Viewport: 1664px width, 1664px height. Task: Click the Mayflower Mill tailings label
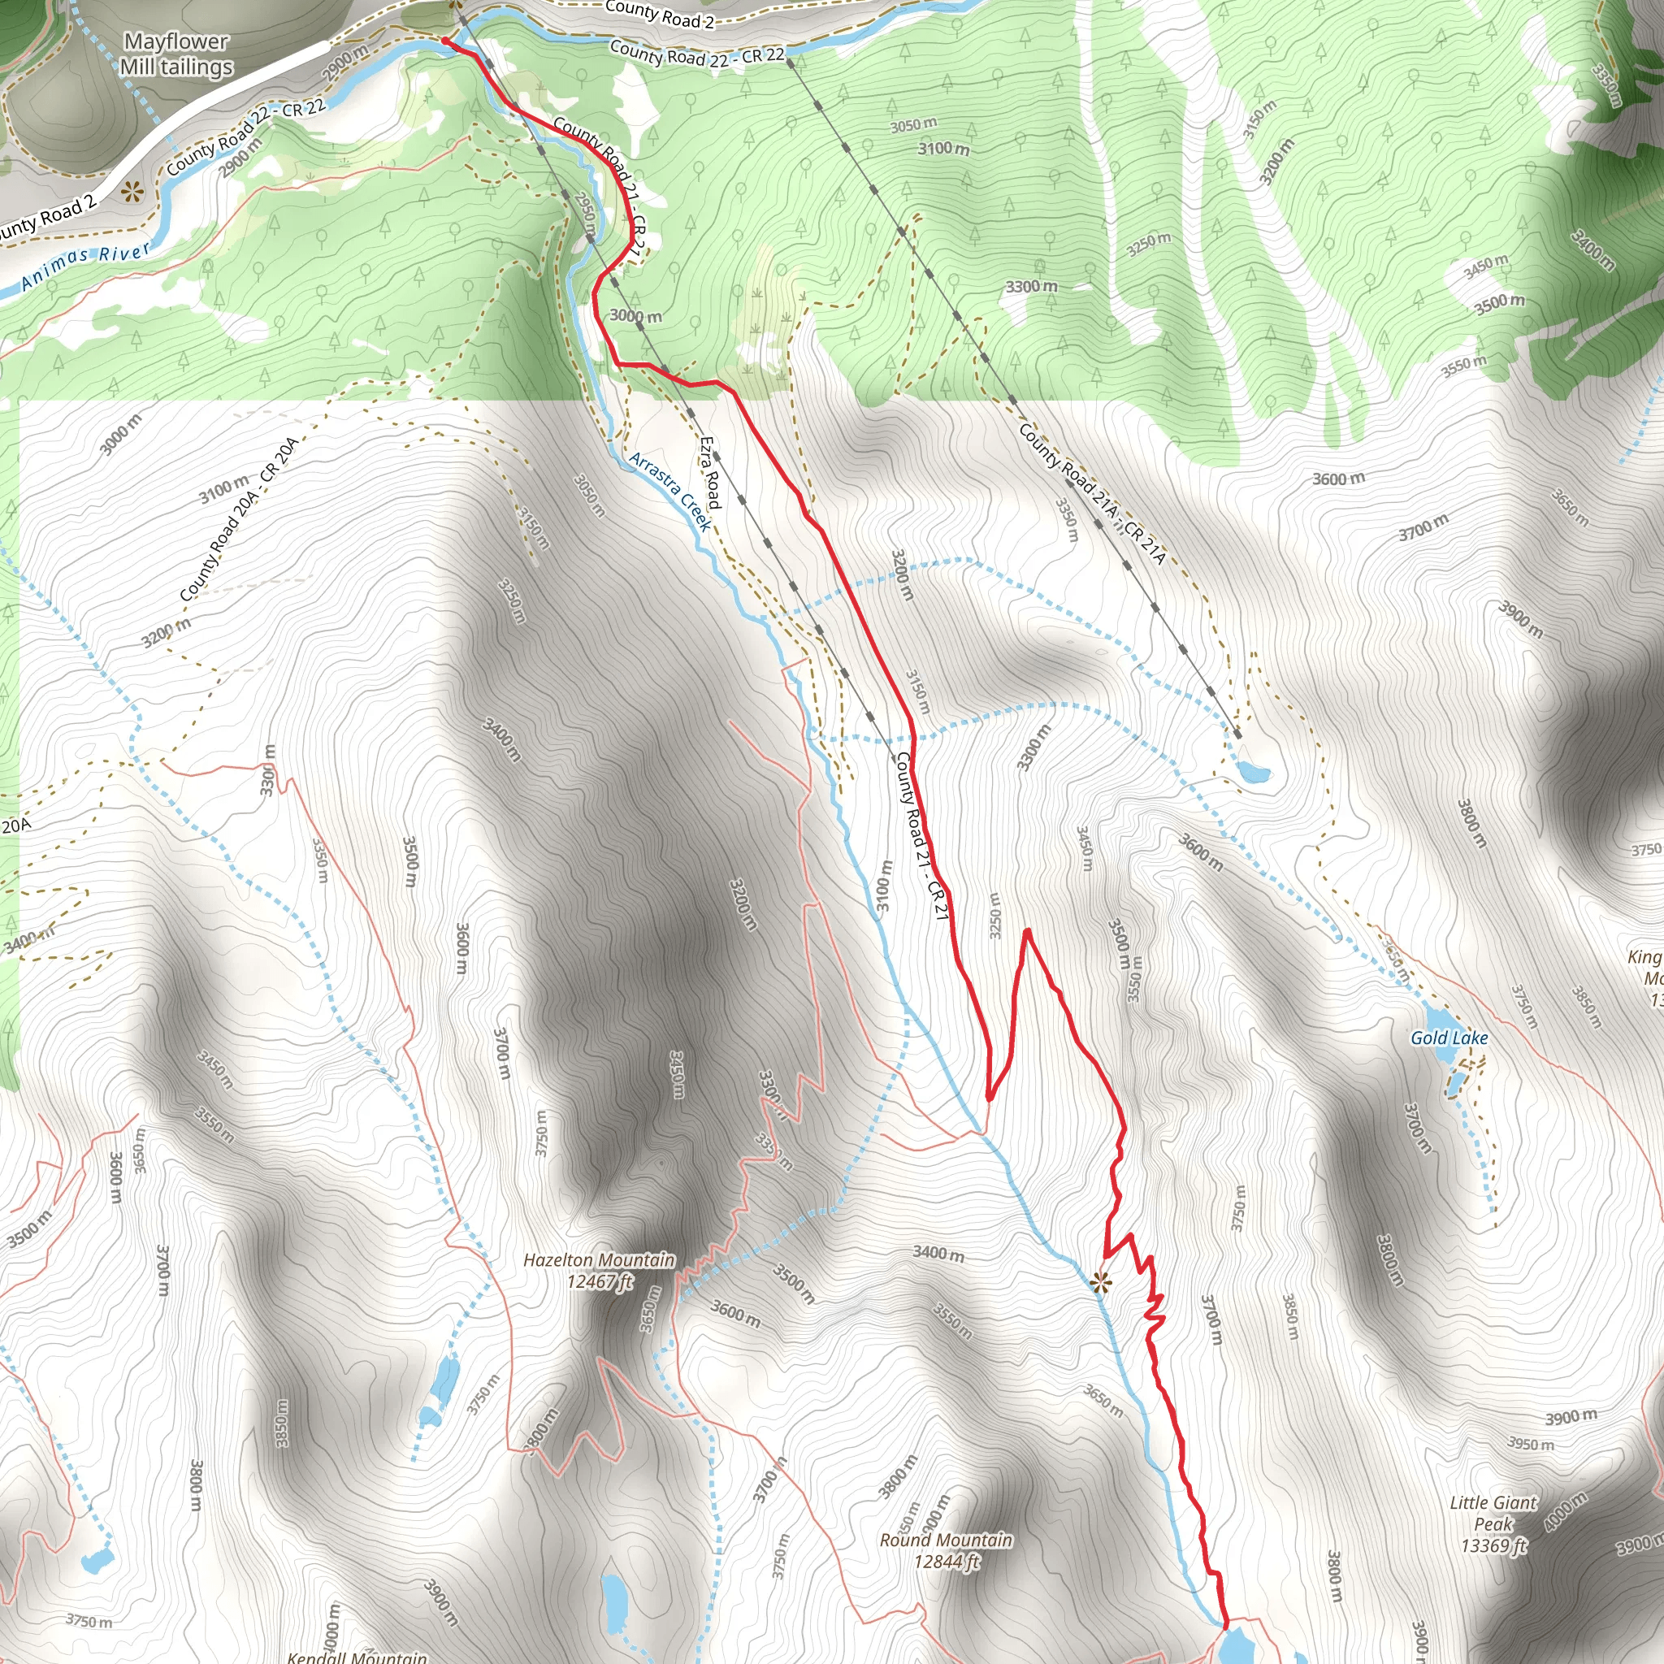(x=176, y=54)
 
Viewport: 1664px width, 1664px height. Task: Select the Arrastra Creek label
(x=671, y=492)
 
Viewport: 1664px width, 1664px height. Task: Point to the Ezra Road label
(x=709, y=472)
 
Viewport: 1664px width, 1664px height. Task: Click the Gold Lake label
(x=1449, y=1038)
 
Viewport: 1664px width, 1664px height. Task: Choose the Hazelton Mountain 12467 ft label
(x=600, y=1271)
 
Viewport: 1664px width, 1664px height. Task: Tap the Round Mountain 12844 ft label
(x=946, y=1550)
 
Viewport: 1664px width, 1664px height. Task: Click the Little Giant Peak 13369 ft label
(x=1493, y=1524)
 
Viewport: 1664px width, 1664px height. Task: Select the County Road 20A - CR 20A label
(x=240, y=519)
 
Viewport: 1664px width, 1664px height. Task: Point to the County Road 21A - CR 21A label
(x=1092, y=493)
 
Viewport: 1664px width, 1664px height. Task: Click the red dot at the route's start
(x=444, y=41)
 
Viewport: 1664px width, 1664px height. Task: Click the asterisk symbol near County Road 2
(x=131, y=191)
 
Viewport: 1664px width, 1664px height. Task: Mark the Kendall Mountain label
(x=357, y=1655)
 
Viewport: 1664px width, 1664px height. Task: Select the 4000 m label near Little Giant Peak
(x=1566, y=1512)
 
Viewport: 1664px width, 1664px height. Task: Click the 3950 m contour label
(x=1531, y=1444)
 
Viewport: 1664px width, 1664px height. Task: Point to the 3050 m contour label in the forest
(x=913, y=125)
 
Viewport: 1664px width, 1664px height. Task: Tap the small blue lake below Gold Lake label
(x=1454, y=1082)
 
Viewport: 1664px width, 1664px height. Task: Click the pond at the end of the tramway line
(x=1252, y=769)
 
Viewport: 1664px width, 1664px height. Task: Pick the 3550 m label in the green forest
(x=1464, y=366)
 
